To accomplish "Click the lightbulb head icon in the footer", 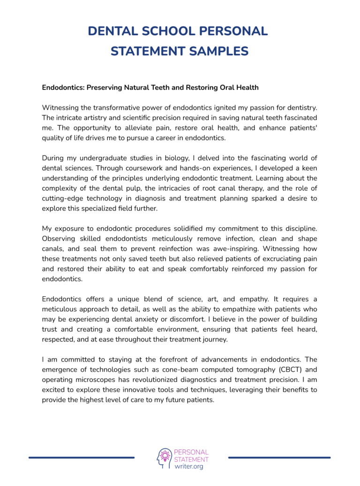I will point(164,458).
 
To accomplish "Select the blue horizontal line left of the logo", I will point(82,457).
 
